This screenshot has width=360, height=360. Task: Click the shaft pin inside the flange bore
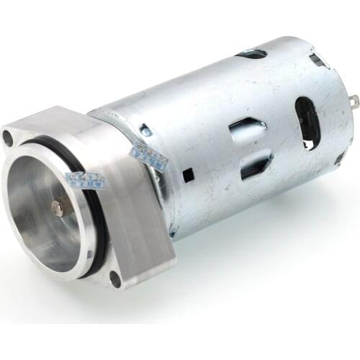tap(57, 208)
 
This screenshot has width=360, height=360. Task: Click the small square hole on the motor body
tap(185, 174)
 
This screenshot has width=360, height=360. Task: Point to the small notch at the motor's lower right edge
tap(339, 159)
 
